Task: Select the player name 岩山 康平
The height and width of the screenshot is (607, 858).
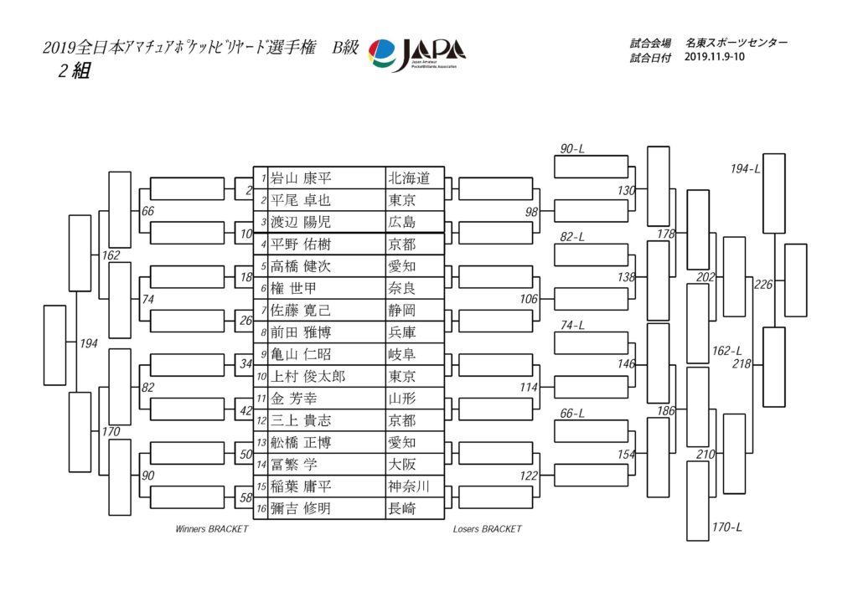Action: (x=302, y=178)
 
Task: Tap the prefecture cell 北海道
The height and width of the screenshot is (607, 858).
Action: (x=409, y=178)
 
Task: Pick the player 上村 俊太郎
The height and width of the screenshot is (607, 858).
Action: (x=308, y=377)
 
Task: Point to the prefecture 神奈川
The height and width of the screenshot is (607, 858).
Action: (x=409, y=486)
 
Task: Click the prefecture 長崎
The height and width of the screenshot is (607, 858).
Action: (x=403, y=508)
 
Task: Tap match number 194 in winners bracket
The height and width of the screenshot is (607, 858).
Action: (x=89, y=344)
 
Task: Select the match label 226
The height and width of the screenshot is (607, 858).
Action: (x=763, y=285)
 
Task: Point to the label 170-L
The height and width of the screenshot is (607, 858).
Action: (x=726, y=527)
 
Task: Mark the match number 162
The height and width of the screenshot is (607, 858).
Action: (x=111, y=255)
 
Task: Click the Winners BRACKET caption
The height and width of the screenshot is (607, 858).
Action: (x=212, y=529)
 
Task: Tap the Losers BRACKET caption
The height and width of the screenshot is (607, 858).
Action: (x=487, y=529)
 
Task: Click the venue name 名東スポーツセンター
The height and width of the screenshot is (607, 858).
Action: (x=736, y=42)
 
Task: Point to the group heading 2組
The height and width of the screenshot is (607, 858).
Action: (x=74, y=72)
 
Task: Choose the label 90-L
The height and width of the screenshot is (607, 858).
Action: (x=572, y=149)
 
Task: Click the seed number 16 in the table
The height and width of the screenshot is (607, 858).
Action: (x=261, y=509)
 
